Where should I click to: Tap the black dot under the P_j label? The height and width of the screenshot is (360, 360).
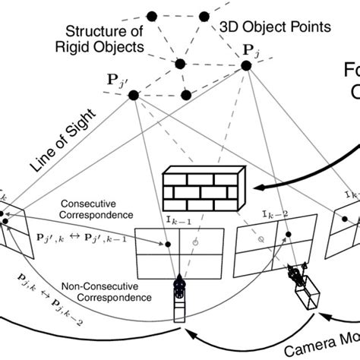246,67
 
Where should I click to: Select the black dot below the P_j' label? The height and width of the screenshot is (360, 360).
134,95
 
